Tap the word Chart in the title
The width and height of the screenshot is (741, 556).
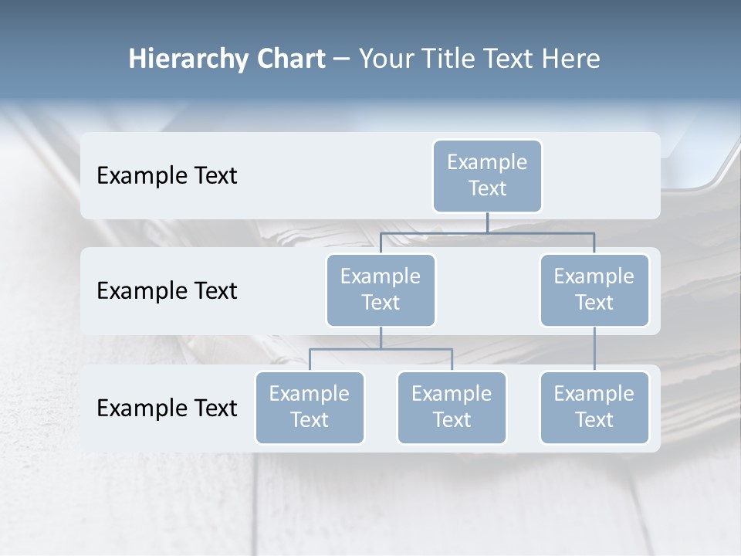point(288,59)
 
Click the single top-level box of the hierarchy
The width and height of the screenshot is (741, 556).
point(487,176)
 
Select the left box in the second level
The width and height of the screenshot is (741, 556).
point(381,290)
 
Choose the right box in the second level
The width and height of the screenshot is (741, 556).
point(594,290)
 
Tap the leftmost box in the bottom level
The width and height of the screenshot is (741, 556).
point(310,408)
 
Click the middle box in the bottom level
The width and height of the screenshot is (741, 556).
point(452,408)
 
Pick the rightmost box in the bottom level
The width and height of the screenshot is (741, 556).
point(594,408)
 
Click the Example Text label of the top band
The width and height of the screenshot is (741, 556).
point(167,176)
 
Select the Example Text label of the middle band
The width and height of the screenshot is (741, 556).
point(167,291)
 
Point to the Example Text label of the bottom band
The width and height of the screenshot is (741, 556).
point(167,409)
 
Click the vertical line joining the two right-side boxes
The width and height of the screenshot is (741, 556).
point(594,349)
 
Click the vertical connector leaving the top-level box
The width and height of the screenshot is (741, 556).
point(487,222)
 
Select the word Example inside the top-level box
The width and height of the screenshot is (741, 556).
point(487,162)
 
